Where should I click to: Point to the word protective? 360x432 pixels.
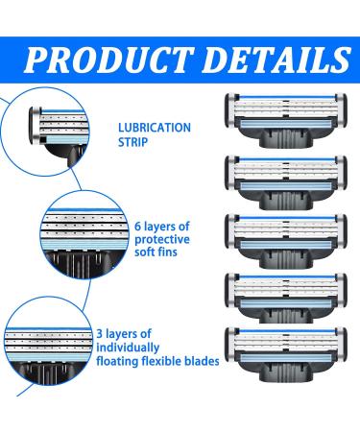160,239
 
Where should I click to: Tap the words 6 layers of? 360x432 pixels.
163,223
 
